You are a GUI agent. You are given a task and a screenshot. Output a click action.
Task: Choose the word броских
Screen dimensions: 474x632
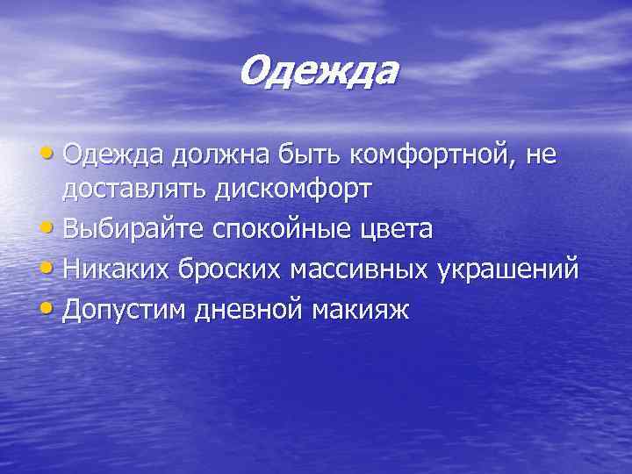tap(225, 269)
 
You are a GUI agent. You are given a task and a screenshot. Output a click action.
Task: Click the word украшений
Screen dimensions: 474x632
tap(510, 269)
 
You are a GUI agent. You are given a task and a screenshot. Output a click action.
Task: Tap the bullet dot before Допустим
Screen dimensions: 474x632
tap(49, 308)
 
